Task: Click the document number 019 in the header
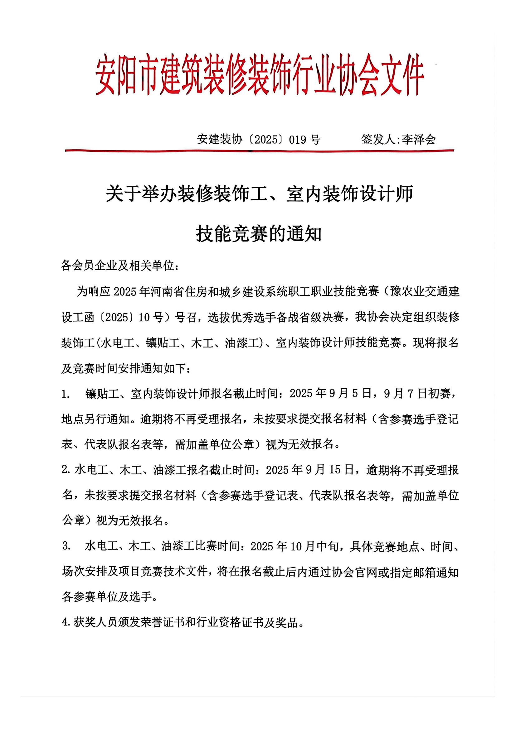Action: coord(299,139)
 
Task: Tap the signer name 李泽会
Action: coord(419,139)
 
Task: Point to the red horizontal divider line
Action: coord(259,151)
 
